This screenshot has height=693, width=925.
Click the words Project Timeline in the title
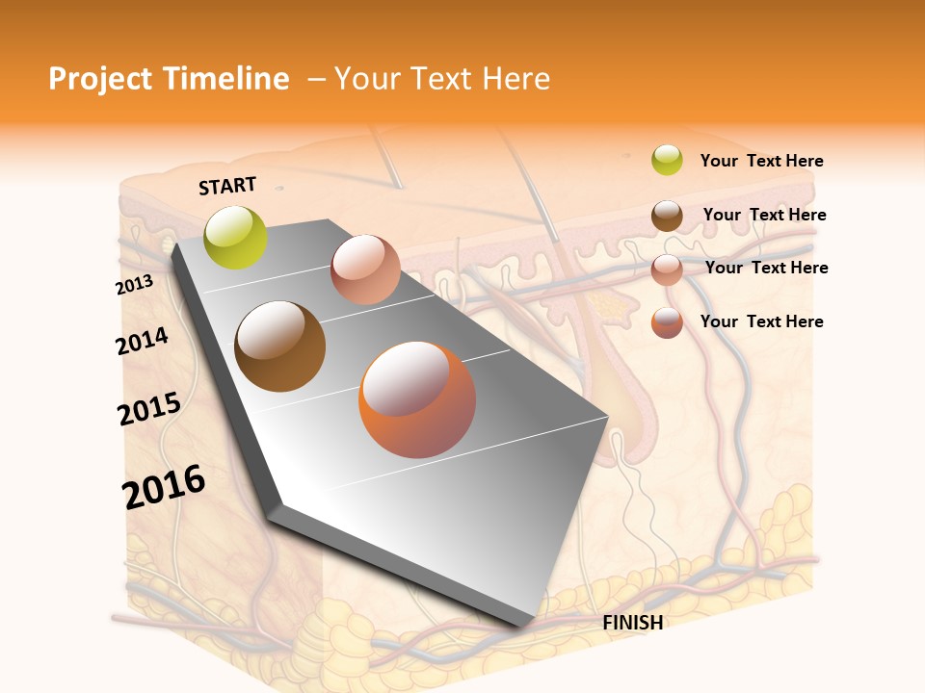(169, 79)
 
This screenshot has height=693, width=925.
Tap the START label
(227, 186)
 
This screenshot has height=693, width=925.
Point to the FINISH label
(633, 623)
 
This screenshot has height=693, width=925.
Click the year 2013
(134, 285)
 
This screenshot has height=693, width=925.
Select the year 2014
(142, 341)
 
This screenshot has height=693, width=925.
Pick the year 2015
(149, 408)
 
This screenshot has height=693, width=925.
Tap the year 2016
(164, 486)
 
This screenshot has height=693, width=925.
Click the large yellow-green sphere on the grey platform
(236, 237)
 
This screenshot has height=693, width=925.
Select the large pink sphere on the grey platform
(365, 269)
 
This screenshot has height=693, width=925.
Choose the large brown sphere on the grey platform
(280, 346)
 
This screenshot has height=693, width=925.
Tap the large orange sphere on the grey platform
(417, 399)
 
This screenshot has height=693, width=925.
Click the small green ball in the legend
(667, 160)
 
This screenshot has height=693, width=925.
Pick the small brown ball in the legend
(667, 216)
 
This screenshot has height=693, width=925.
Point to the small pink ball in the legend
(667, 269)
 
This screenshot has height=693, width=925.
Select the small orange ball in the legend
(667, 322)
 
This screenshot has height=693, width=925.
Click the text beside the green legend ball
(761, 161)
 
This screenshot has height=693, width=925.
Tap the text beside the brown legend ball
(764, 215)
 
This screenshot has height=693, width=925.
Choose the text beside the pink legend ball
(766, 268)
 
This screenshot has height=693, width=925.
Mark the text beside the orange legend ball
(761, 321)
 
